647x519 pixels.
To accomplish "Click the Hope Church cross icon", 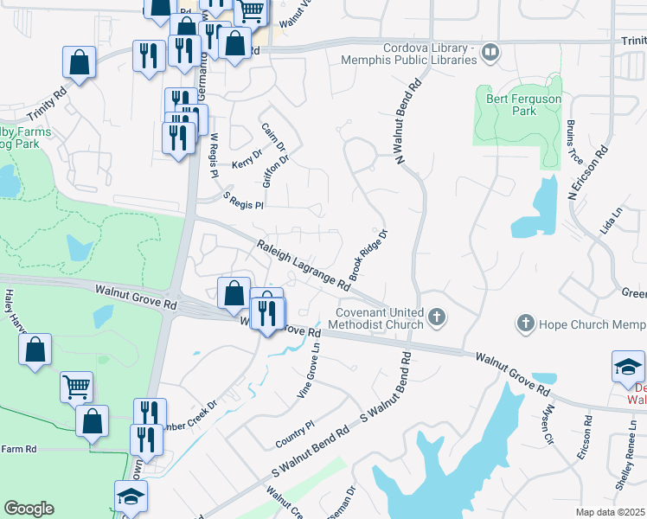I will coord(525,324).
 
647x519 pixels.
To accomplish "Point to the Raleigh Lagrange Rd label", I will coord(302,265).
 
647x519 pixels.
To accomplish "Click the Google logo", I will coord(29,509).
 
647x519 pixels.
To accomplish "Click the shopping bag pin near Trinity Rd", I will coord(79,62).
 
